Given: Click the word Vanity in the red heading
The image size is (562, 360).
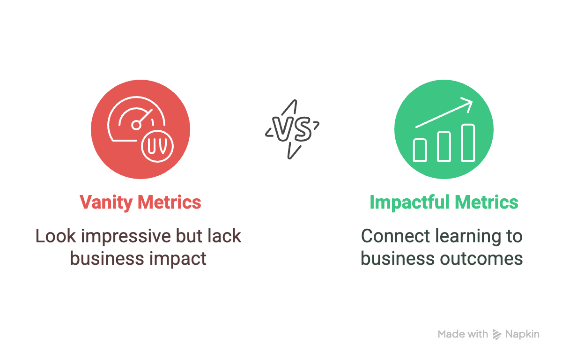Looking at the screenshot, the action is click(106, 202).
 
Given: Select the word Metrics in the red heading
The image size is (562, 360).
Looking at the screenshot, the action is click(170, 202).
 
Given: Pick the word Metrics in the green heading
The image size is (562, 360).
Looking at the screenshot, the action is click(487, 202).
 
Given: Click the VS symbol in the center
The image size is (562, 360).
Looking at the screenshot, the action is click(292, 129).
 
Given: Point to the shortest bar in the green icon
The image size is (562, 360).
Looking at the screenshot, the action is click(420, 150).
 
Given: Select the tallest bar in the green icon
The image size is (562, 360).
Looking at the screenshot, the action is click(468, 142).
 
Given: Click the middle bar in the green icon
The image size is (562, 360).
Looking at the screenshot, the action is click(444, 146).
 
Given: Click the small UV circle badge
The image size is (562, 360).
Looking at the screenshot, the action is click(157, 146).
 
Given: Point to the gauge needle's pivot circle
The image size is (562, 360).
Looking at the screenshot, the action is click(136, 125).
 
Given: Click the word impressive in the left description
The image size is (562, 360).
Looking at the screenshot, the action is click(126, 237).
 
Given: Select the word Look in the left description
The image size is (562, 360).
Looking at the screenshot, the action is click(55, 236).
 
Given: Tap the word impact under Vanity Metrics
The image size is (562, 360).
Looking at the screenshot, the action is click(178, 259).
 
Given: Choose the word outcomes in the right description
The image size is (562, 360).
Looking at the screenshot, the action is click(481, 259).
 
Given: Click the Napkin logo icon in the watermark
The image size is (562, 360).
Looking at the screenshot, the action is click(497, 335).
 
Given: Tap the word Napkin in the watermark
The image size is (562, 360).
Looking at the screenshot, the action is click(522, 335).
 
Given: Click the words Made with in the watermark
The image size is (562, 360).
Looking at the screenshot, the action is click(463, 334).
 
